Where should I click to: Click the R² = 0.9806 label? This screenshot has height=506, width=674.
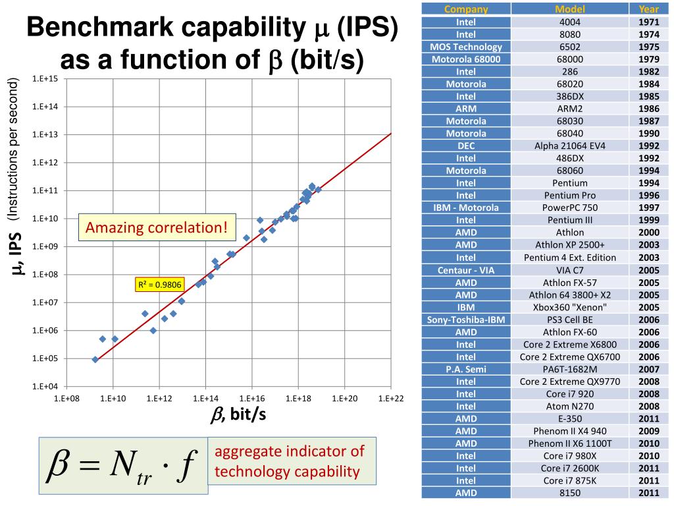pyautogui.click(x=158, y=285)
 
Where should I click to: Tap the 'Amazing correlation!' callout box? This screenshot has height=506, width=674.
pyautogui.click(x=157, y=228)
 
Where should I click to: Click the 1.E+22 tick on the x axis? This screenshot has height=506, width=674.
pyautogui.click(x=391, y=399)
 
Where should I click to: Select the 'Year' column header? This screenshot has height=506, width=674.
pyautogui.click(x=648, y=9)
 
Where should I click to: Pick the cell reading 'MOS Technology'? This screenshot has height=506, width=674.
pyautogui.click(x=466, y=47)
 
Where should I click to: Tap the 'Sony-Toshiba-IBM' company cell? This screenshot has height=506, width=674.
pyautogui.click(x=466, y=320)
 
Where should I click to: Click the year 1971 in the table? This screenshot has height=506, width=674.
pyautogui.click(x=648, y=22)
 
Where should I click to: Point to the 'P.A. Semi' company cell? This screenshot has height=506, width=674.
pyautogui.click(x=466, y=369)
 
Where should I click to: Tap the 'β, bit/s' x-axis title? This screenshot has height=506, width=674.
pyautogui.click(x=238, y=416)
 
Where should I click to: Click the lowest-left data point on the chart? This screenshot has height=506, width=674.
pyautogui.click(x=95, y=359)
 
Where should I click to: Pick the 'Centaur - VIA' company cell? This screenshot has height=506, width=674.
pyautogui.click(x=466, y=270)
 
